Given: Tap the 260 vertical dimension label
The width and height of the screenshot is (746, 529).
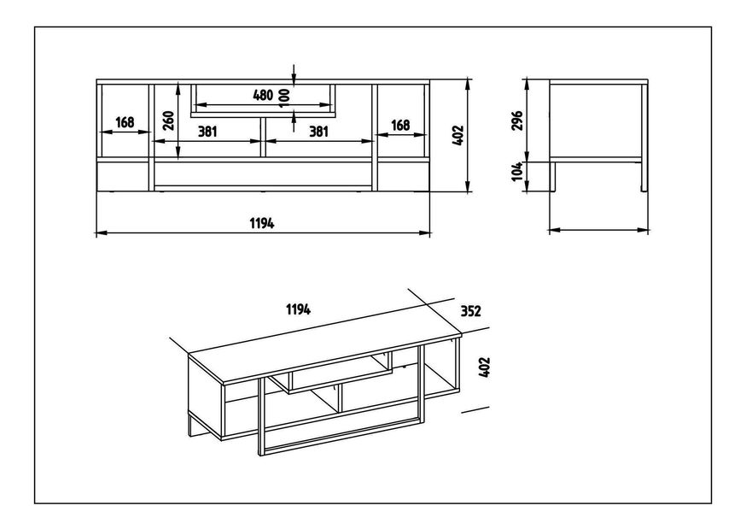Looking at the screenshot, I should point(168,120).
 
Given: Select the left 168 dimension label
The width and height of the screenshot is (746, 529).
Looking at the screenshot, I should point(125,123).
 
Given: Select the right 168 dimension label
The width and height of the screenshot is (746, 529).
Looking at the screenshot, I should point(400,125).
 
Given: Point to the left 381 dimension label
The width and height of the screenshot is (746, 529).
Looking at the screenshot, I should point(207,132).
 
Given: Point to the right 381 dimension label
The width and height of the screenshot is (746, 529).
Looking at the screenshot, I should point(318,132).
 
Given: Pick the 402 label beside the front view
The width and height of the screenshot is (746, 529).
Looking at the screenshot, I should point(458,135).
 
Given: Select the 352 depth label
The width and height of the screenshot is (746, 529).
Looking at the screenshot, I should point(471,311).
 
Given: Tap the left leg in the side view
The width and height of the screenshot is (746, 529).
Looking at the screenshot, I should point(554,177).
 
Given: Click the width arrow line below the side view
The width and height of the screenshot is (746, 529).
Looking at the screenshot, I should point(598,230).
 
